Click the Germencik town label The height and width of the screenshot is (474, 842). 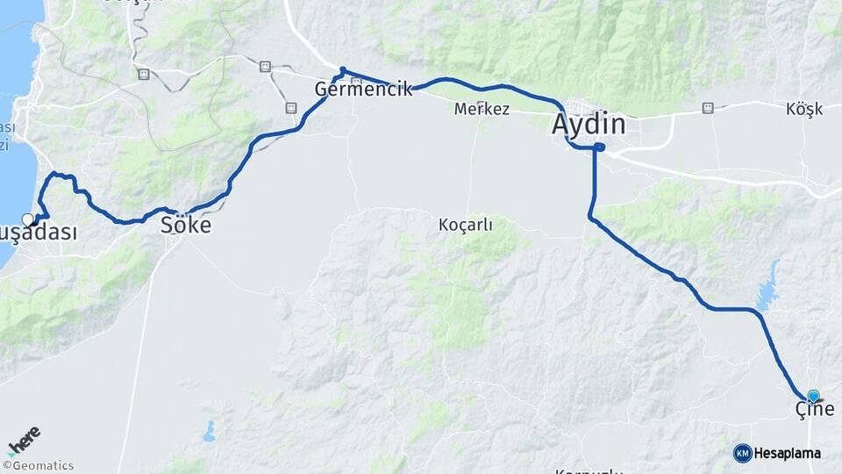coord(363,89)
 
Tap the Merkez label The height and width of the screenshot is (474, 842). coord(482,110)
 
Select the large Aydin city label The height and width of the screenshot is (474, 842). coord(589,125)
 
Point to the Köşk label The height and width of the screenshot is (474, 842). coord(804,109)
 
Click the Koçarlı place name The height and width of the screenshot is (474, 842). coord(465,225)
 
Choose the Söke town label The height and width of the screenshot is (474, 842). coord(185,225)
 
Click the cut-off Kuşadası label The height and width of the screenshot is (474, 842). coord(39,233)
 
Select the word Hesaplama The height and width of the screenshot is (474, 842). coord(788,453)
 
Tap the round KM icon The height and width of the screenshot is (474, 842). coord(742,453)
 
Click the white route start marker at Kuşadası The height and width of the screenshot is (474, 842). coord(28,219)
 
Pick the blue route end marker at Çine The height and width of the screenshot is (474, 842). coord(813,397)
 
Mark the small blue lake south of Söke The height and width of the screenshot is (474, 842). coord(209,430)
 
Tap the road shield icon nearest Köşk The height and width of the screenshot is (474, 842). coord(707,108)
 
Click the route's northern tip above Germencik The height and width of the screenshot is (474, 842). coord(343,69)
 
